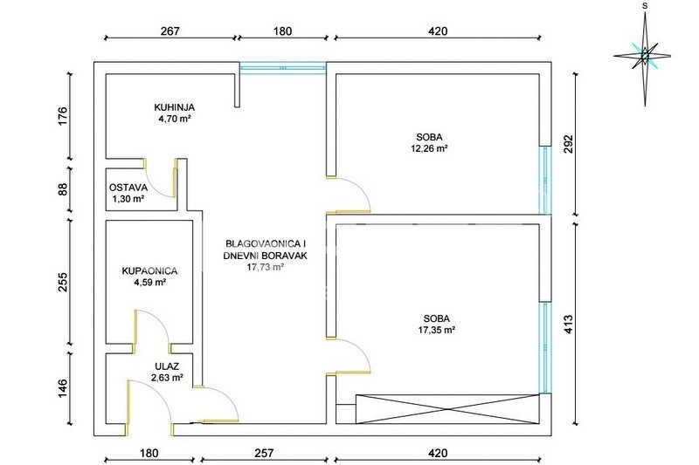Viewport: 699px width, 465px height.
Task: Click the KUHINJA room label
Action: point(174,107)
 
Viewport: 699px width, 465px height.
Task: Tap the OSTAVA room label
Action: point(128,188)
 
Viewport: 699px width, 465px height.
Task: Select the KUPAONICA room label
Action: point(149,271)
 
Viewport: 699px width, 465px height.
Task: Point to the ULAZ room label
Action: point(167,366)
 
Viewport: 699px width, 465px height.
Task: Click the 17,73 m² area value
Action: point(266,267)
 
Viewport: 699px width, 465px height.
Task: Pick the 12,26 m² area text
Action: point(429,148)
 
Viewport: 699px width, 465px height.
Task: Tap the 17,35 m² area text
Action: point(436,330)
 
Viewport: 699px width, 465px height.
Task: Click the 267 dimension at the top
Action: point(170,31)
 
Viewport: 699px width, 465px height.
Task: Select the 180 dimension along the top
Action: point(282,31)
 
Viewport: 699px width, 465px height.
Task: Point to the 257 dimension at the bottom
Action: point(264,454)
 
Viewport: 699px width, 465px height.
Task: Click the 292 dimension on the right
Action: point(568,144)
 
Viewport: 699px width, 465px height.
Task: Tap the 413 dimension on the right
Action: point(568,325)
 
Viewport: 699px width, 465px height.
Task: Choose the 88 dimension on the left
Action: point(63,189)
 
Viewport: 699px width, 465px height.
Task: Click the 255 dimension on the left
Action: point(63,282)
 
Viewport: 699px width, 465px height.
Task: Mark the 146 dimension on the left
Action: point(63,388)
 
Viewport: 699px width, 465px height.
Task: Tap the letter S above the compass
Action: point(645,6)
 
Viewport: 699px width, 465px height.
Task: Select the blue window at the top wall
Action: point(283,68)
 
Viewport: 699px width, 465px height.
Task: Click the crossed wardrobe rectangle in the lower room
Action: point(447,409)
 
